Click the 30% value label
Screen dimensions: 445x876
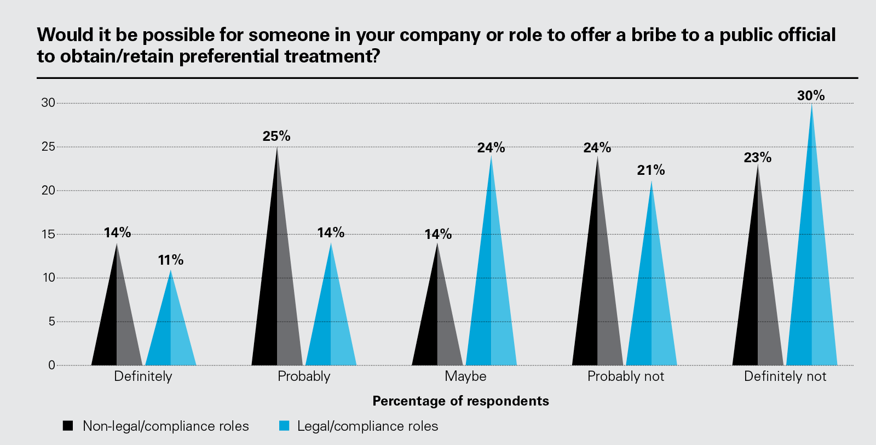pos(811,96)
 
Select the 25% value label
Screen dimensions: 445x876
pos(276,136)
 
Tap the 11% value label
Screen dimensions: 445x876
pos(171,260)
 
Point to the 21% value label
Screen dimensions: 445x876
pos(651,170)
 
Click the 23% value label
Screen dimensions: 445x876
pos(758,158)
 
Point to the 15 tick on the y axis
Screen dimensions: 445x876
pos(48,234)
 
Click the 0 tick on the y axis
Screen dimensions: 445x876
pos(51,365)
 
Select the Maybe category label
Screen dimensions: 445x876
pos(465,376)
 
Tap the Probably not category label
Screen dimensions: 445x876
pos(625,376)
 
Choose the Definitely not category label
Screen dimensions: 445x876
pos(785,376)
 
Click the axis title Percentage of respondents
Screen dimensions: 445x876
pos(460,401)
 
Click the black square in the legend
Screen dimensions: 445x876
pos(68,426)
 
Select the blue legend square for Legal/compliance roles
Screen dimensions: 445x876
pos(284,426)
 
